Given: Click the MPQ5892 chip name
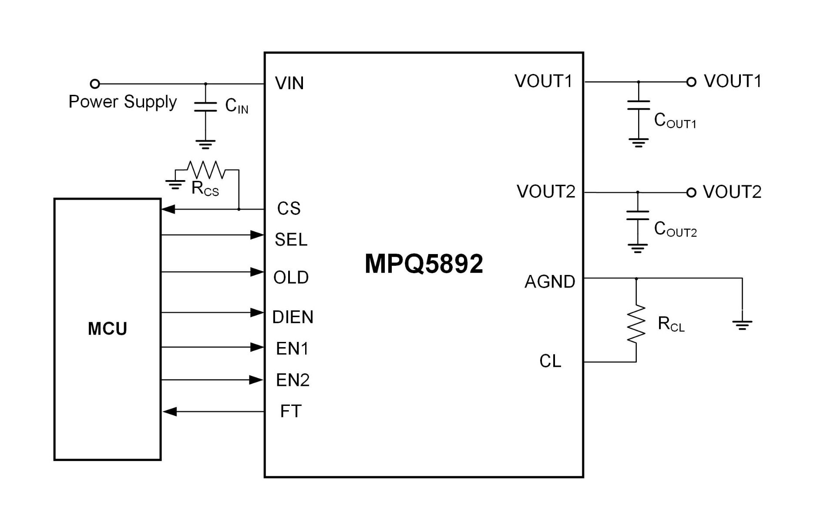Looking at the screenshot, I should (x=424, y=264).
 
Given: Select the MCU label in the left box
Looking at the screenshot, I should (x=108, y=328).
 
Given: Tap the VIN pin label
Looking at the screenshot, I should (x=289, y=83).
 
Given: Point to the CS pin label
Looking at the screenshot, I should (x=289, y=209).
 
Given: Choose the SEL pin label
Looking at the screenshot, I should (x=291, y=240).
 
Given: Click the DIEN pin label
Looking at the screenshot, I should (x=293, y=317).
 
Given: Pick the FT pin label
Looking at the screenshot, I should (x=291, y=411).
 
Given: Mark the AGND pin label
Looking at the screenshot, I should (x=549, y=282).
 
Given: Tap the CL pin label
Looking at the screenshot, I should (x=550, y=361).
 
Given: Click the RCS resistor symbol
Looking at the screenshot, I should (x=206, y=170).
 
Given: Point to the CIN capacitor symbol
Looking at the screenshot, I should (x=205, y=107).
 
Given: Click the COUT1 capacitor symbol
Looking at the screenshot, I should (x=639, y=105).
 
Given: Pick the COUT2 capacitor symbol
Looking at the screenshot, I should (x=638, y=215).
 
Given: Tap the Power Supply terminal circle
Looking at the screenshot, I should (x=95, y=84).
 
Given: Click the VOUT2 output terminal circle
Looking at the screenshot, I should (x=691, y=192).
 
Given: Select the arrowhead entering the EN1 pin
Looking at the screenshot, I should (x=257, y=347).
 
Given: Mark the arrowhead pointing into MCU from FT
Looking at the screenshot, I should (x=170, y=412).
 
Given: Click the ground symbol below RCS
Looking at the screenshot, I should (x=175, y=185).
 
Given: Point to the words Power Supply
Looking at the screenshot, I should (x=123, y=102).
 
